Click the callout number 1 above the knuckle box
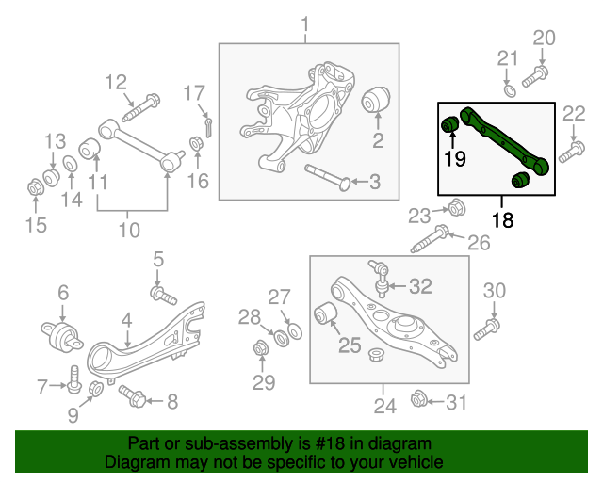click(305, 23)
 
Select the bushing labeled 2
click(377, 98)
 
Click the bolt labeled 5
click(166, 297)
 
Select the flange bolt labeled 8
click(131, 398)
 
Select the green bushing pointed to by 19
click(450, 123)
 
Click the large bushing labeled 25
click(326, 313)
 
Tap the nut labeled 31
click(419, 402)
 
